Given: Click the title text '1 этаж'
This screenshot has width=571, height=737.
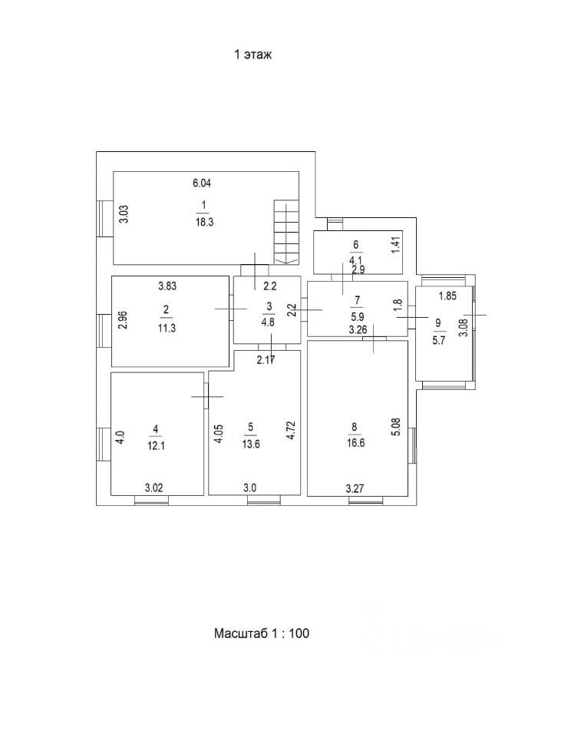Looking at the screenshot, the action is (x=253, y=55).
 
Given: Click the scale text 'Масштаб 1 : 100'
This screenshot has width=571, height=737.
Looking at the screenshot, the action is (x=262, y=633).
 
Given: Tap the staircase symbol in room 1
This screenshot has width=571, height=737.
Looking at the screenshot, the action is (x=285, y=232).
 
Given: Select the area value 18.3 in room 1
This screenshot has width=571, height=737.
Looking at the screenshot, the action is (x=204, y=219).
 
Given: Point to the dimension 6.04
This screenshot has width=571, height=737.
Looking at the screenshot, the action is (x=201, y=183).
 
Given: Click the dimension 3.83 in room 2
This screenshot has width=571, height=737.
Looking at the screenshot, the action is (x=168, y=286).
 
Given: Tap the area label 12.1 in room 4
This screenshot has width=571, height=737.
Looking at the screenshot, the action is (x=157, y=444).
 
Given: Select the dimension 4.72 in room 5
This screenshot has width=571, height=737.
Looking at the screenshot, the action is (x=291, y=429).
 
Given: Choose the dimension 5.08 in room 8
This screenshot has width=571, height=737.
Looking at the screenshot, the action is (x=396, y=426).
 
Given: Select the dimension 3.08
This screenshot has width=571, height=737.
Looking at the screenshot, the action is (x=462, y=327).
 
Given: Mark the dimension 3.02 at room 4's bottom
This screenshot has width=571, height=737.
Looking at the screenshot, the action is (x=156, y=487).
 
